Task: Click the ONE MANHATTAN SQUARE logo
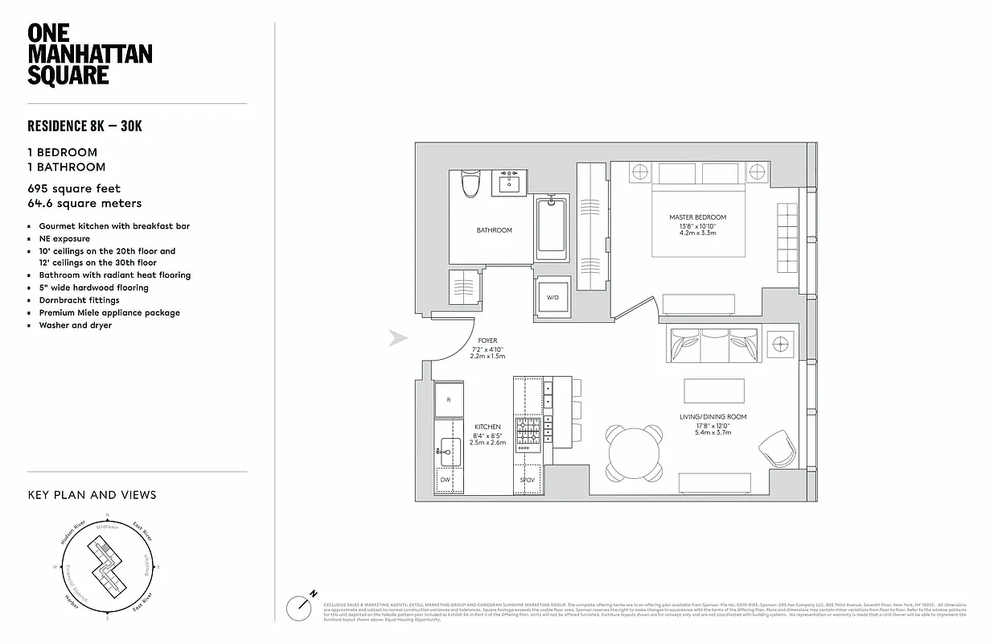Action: pyautogui.click(x=89, y=54)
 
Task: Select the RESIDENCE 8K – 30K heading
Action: pyautogui.click(x=85, y=126)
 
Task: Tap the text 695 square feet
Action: pyautogui.click(x=74, y=189)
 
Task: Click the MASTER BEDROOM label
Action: pyautogui.click(x=697, y=217)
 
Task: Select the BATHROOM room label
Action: pyautogui.click(x=494, y=230)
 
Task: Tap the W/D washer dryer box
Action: pyautogui.click(x=552, y=297)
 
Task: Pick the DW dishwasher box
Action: pyautogui.click(x=446, y=480)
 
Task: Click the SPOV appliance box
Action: pyautogui.click(x=528, y=480)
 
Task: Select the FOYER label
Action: pyautogui.click(x=487, y=341)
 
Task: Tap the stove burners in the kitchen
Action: pyautogui.click(x=528, y=432)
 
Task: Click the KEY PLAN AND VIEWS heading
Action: pyautogui.click(x=92, y=495)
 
